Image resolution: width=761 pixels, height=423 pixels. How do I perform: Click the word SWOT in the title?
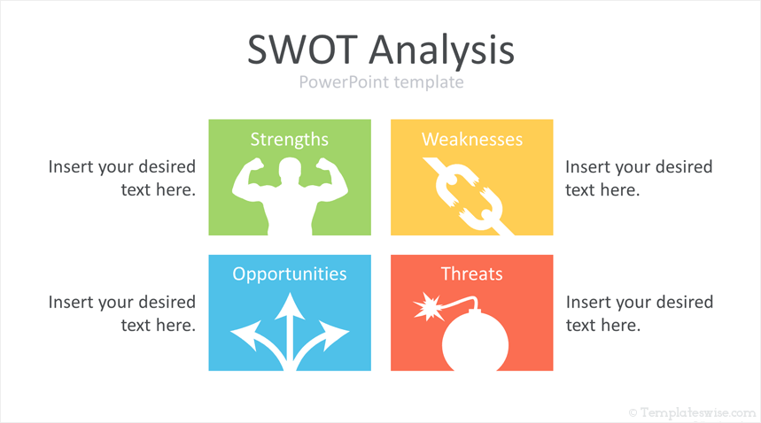pyautogui.click(x=303, y=50)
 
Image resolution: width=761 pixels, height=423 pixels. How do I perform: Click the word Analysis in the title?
pyautogui.click(x=442, y=51)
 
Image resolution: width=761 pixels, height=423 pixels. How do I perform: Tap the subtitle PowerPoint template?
pyautogui.click(x=381, y=82)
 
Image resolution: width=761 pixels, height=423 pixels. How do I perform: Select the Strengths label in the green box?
pyautogui.click(x=290, y=140)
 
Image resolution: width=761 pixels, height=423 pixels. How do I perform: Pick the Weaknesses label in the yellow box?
pyautogui.click(x=471, y=140)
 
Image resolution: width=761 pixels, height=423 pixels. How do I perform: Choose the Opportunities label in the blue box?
pyautogui.click(x=290, y=274)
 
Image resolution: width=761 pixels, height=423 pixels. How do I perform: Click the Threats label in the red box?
pyautogui.click(x=471, y=273)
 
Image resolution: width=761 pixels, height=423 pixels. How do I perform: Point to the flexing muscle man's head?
pyautogui.click(x=290, y=171)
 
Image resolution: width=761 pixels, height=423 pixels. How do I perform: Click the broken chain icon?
pyautogui.click(x=469, y=196)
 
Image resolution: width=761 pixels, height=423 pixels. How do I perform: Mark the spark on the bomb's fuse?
pyautogui.click(x=427, y=306)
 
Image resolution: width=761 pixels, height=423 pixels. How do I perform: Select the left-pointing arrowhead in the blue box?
pyautogui.click(x=246, y=335)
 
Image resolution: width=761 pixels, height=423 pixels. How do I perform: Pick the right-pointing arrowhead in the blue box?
pyautogui.click(x=333, y=335)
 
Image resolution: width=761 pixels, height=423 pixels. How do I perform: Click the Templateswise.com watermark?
pyautogui.click(x=693, y=413)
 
